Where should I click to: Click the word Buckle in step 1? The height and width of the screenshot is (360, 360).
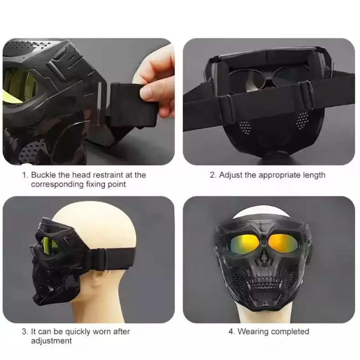43,175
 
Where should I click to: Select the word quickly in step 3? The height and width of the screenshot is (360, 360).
77,332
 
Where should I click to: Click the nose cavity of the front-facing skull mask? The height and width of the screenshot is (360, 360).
264,256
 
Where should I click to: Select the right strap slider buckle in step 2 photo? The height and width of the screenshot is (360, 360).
307,94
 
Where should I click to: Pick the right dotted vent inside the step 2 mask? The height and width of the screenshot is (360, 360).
302,120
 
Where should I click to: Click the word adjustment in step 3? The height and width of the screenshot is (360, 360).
51,341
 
